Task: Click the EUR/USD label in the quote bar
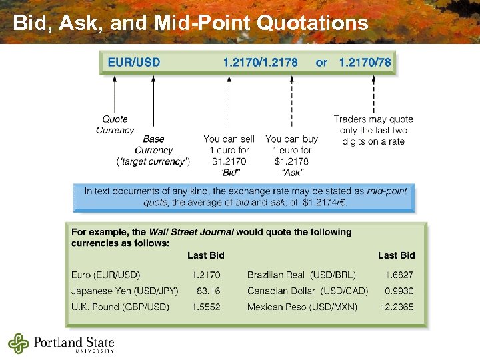[x=134, y=63]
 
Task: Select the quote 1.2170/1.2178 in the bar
[x=261, y=63]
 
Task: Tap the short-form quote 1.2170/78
[x=365, y=63]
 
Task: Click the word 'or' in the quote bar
[x=321, y=63]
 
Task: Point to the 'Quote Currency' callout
[x=115, y=125]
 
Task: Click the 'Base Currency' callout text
[x=153, y=145]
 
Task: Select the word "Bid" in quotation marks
[x=229, y=172]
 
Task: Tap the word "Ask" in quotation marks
[x=292, y=172]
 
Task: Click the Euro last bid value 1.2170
[x=206, y=275]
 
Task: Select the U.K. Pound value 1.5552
[x=206, y=307]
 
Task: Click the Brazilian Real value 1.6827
[x=399, y=275]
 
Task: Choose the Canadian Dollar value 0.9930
[x=399, y=291]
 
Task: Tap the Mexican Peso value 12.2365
[x=397, y=307]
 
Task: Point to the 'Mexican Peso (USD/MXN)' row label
[x=302, y=307]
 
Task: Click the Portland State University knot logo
[x=19, y=343]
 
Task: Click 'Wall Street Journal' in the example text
[x=191, y=232]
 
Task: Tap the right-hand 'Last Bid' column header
[x=397, y=255]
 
